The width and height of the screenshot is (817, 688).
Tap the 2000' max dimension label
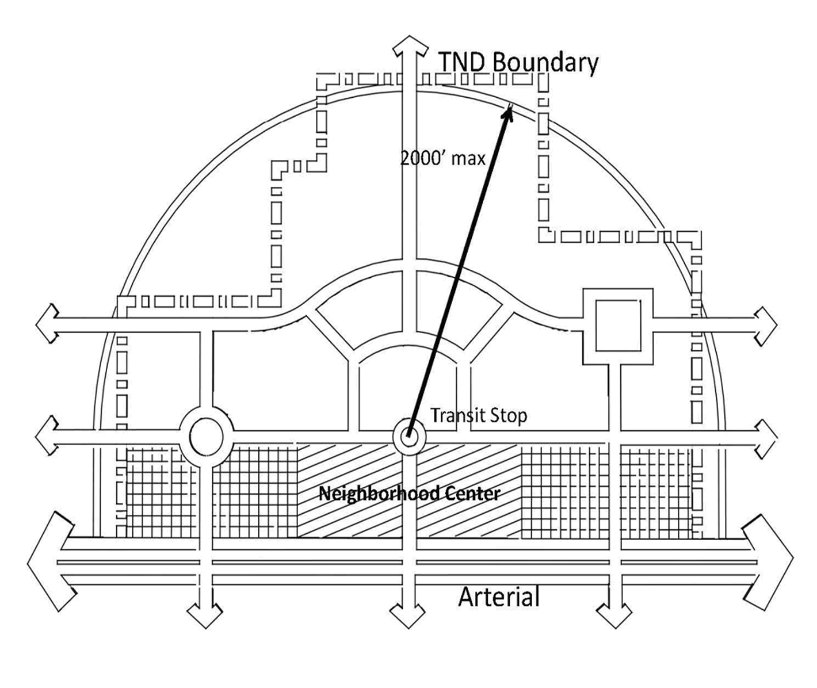[x=442, y=158]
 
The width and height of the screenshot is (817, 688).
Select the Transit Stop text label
[x=479, y=415]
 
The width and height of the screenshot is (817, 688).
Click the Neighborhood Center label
[x=410, y=494]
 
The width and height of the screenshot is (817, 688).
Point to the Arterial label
[x=499, y=597]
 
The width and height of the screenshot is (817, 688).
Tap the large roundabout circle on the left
[x=206, y=437]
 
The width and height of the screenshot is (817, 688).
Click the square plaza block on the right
[x=617, y=325]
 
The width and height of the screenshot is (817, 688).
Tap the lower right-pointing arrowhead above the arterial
[x=767, y=438]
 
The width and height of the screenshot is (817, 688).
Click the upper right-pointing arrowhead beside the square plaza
[x=767, y=326]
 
